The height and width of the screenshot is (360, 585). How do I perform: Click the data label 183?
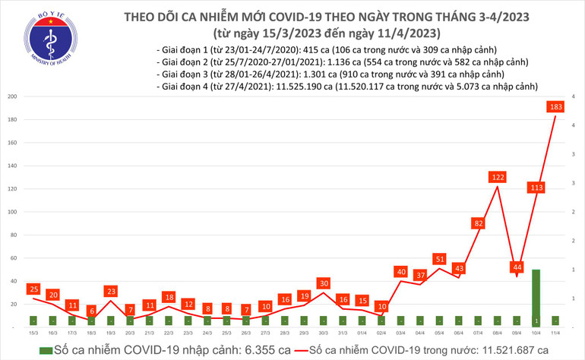click(x=555, y=107)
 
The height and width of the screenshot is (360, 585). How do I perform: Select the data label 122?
click(x=498, y=177)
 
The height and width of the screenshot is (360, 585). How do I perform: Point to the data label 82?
click(x=478, y=223)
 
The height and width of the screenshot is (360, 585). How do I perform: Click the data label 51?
click(x=439, y=259)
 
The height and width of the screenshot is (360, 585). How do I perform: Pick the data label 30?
click(x=324, y=283)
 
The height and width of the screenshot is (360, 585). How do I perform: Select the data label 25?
click(x=33, y=289)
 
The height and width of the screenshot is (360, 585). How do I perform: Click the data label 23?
click(x=110, y=291)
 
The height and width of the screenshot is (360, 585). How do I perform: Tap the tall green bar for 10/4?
click(x=536, y=297)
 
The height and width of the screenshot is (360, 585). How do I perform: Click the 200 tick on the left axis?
click(x=13, y=97)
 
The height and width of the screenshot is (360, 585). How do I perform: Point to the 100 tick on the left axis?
click(x=13, y=212)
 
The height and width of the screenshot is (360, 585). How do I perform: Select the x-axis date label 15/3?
click(x=33, y=333)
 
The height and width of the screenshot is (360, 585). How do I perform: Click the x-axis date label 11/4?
click(x=555, y=333)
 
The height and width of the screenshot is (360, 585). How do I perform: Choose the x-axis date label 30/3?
click(x=324, y=333)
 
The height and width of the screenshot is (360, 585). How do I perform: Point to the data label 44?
click(x=517, y=267)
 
